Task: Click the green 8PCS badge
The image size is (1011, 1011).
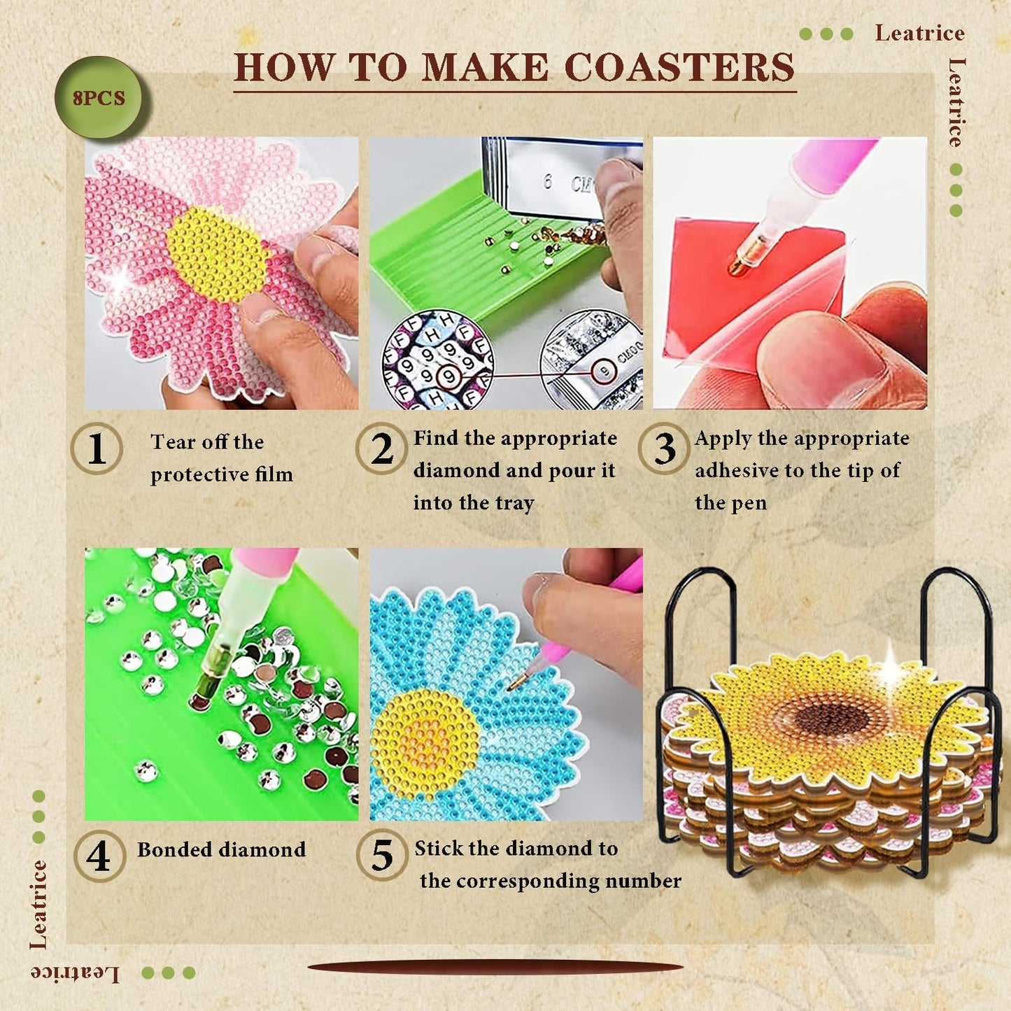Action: tap(99, 98)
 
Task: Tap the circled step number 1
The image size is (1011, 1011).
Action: tap(97, 448)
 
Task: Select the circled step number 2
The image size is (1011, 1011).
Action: tap(381, 448)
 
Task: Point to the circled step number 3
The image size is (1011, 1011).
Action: tap(664, 448)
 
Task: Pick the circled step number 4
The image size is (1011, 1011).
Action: tap(99, 855)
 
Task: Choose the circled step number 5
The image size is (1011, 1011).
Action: tap(382, 855)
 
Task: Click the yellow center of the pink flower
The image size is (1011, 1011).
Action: tap(217, 254)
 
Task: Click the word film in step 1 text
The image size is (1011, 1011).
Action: tap(274, 474)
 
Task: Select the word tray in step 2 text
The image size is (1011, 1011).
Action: tap(514, 503)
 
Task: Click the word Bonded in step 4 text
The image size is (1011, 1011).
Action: tap(174, 849)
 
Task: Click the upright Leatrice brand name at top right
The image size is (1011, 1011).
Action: tap(919, 33)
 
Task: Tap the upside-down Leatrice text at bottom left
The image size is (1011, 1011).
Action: tap(75, 973)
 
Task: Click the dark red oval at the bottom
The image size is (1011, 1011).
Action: tap(495, 968)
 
